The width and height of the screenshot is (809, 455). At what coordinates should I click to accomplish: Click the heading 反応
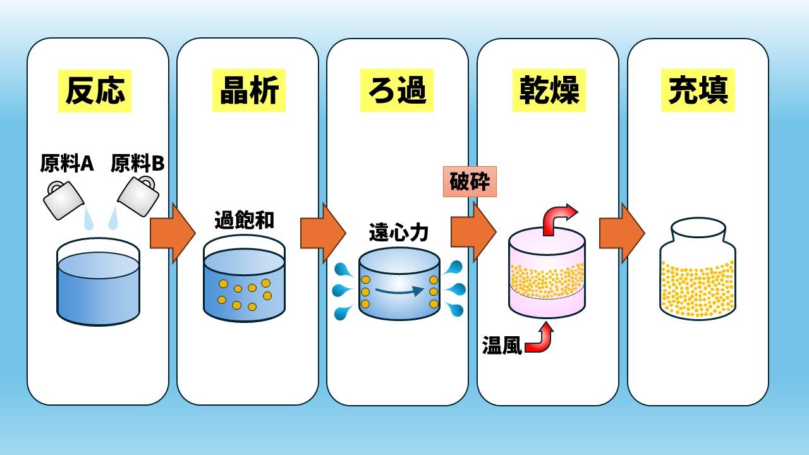click(x=95, y=91)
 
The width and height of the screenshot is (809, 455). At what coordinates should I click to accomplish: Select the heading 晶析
click(x=248, y=91)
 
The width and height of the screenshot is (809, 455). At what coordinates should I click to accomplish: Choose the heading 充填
click(x=698, y=91)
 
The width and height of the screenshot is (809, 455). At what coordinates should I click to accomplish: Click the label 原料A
click(x=67, y=164)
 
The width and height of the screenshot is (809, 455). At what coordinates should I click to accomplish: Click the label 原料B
click(x=137, y=164)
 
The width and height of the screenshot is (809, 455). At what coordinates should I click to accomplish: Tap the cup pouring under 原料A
click(x=63, y=200)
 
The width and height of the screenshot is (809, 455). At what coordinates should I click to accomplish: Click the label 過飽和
click(x=244, y=222)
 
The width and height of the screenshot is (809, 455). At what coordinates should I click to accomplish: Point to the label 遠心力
click(x=399, y=233)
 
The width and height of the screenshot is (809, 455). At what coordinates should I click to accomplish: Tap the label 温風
click(x=502, y=347)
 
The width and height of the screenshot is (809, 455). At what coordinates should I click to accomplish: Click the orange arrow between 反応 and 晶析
click(x=172, y=233)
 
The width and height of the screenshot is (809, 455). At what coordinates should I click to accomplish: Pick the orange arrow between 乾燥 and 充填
click(x=621, y=233)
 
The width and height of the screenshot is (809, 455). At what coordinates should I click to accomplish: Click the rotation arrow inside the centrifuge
click(x=399, y=291)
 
